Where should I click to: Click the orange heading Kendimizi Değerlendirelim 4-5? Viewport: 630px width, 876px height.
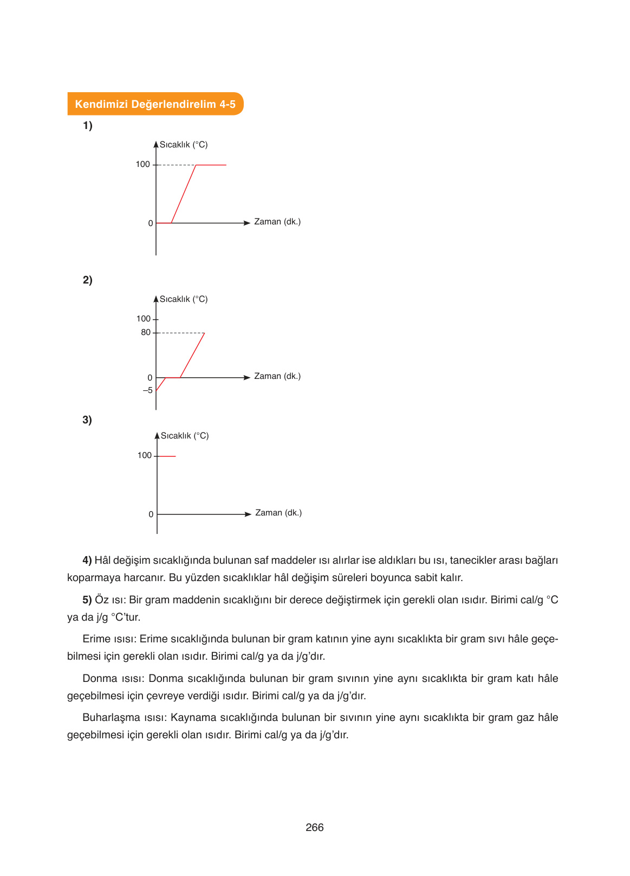tap(155, 104)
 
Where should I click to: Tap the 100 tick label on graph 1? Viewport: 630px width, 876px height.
tap(142, 164)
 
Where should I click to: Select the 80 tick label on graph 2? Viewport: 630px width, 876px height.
tap(146, 332)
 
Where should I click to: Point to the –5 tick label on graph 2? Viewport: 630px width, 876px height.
tap(147, 390)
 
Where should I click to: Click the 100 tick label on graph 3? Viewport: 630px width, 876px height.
tap(144, 455)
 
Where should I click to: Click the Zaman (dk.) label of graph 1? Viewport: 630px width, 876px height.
tap(277, 222)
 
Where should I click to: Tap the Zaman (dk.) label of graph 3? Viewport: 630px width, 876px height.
tap(278, 513)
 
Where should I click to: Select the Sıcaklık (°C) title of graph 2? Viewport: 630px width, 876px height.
tap(184, 299)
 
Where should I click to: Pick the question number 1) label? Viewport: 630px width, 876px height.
tap(87, 126)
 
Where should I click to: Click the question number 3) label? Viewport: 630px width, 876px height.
tap(87, 420)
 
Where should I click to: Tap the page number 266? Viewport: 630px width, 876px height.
tap(315, 827)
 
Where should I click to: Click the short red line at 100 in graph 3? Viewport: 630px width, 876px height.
tap(166, 456)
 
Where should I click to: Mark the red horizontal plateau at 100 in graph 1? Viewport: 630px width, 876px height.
tap(211, 165)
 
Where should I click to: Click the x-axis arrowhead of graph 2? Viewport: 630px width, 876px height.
tap(247, 377)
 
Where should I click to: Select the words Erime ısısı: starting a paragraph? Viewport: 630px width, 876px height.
tap(109, 639)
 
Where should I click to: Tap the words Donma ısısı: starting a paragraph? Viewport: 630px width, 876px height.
tap(114, 679)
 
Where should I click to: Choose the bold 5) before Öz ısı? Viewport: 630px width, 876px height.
tap(87, 600)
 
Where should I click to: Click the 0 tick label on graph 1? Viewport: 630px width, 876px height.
tap(151, 223)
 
